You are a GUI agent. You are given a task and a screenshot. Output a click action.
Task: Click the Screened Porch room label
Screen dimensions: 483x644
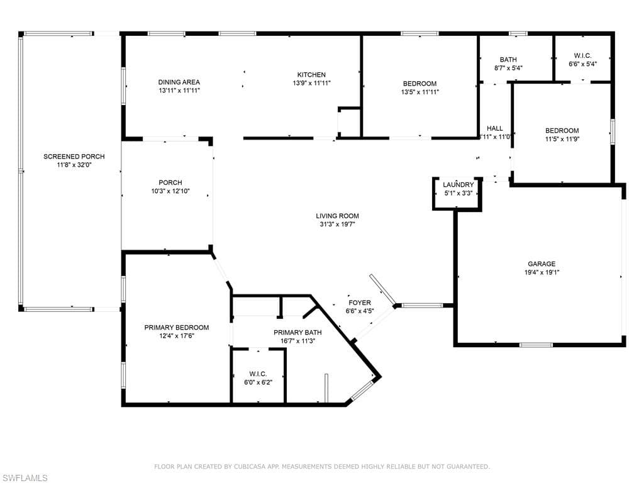point(74,157)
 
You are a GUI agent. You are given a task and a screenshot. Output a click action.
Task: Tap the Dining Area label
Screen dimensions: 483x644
point(179,82)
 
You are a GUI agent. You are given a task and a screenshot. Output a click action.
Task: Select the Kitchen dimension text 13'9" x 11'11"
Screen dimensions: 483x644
point(311,83)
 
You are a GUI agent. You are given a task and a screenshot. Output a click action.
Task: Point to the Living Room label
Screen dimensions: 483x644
point(337,216)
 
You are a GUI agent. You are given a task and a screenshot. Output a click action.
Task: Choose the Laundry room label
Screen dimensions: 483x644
point(458,184)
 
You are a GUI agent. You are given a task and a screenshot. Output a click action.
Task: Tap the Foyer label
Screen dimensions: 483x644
point(360,303)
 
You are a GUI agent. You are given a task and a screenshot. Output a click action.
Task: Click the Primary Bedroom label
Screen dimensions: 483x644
point(176,327)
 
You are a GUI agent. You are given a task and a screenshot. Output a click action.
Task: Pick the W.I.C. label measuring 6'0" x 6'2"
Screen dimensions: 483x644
point(258,374)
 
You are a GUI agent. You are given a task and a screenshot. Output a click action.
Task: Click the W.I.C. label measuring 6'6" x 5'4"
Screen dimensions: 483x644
point(582,55)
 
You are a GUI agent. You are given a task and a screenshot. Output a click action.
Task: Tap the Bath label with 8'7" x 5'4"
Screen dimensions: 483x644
point(508,60)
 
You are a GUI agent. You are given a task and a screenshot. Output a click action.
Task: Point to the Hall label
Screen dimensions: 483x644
point(494,128)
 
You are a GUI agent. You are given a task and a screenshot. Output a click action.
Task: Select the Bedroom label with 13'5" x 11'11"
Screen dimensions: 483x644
point(419,84)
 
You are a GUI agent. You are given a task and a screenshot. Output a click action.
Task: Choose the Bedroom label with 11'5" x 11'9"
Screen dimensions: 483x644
point(562,131)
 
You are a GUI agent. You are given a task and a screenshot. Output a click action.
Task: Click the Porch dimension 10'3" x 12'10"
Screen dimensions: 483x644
point(170,191)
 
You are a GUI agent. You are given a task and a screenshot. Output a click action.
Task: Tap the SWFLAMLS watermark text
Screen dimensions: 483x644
point(25,478)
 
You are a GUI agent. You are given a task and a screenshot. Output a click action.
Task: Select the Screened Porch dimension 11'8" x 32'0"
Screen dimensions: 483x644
point(74,165)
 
